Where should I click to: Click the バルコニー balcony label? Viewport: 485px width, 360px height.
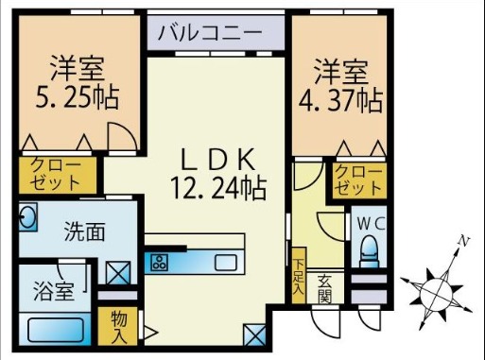[209, 32]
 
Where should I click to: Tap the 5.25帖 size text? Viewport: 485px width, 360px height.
[78, 97]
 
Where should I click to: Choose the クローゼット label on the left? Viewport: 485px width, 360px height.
[57, 173]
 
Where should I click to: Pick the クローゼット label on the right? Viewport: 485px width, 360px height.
[358, 180]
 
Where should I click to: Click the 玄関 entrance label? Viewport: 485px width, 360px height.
[323, 287]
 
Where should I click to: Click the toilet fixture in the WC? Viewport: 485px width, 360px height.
[370, 251]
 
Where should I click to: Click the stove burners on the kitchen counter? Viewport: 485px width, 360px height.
[158, 261]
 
